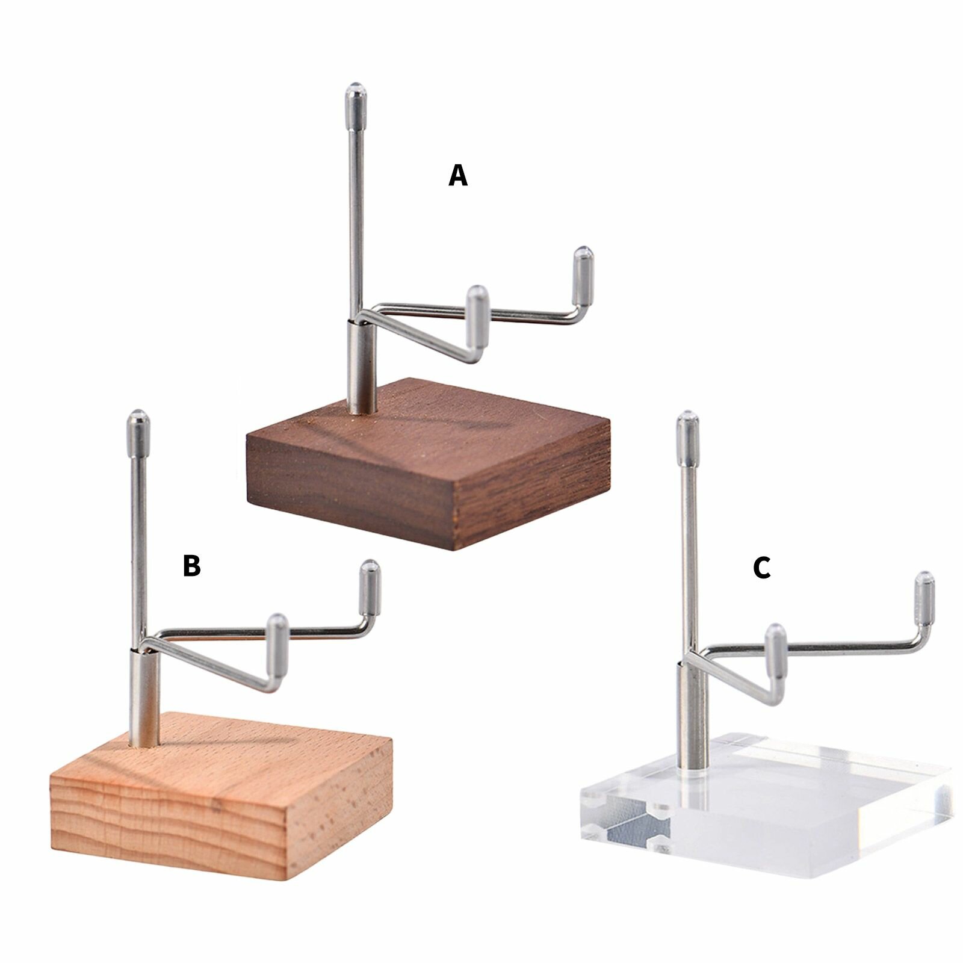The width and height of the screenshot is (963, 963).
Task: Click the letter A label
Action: (458, 176)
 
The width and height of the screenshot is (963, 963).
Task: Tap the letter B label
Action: (191, 566)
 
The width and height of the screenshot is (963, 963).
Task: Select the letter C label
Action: (762, 568)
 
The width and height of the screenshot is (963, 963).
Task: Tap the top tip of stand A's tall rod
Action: (356, 87)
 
